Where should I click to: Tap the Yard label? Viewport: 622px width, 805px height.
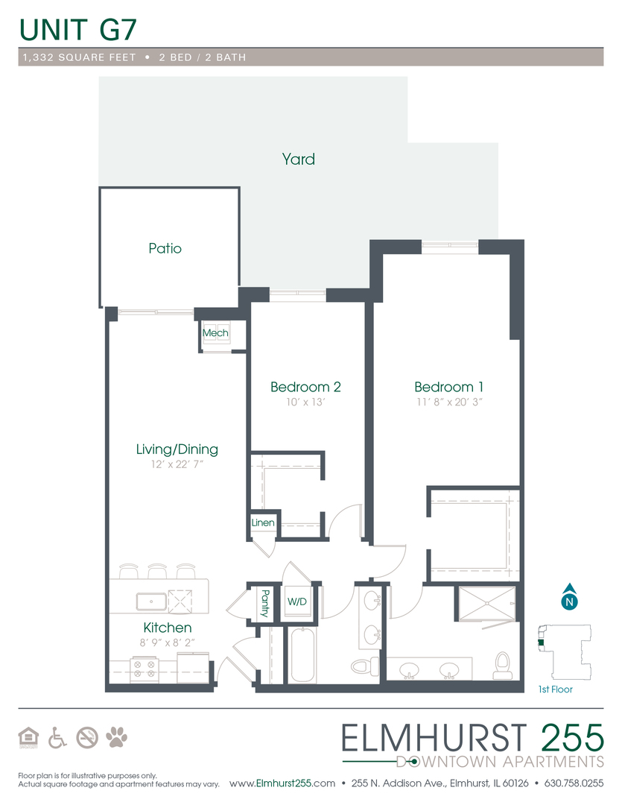tap(298, 159)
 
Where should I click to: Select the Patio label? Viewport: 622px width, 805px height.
tap(165, 248)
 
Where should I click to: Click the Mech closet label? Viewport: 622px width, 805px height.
tap(215, 332)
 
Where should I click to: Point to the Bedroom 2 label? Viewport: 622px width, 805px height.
tap(305, 387)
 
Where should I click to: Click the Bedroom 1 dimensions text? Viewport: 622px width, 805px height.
tap(448, 402)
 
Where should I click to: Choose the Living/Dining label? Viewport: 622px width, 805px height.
tap(177, 449)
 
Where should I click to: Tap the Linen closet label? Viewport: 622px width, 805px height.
tap(263, 523)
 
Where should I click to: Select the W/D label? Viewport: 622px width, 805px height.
tap(296, 601)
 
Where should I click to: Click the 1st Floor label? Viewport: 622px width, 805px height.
tap(555, 689)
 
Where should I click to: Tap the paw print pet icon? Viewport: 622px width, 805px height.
tap(116, 738)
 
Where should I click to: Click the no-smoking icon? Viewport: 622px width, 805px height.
tap(87, 738)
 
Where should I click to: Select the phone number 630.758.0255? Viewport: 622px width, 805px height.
tap(574, 783)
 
